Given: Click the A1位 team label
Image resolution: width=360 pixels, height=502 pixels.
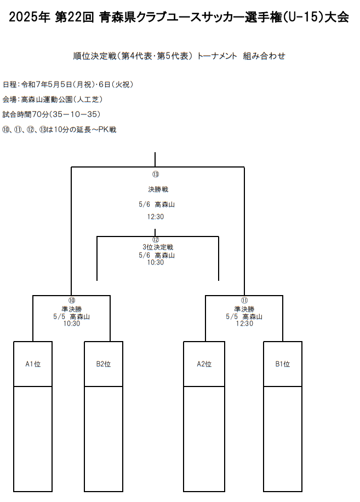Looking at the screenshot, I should coord(33,364).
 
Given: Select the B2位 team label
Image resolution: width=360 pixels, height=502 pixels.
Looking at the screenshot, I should coord(103,364).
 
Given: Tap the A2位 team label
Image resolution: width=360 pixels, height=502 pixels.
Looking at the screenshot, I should coord(204,364).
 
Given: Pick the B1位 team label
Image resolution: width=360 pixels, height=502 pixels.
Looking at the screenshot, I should coord(283,364).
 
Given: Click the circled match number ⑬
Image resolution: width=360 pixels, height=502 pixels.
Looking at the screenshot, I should coord(156,174).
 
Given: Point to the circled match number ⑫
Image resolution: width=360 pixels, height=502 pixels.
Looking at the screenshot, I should coord(156,240).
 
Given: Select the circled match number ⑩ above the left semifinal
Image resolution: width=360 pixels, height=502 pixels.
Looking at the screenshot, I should coord(72,301).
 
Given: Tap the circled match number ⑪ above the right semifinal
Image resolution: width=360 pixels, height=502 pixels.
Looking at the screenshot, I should coord(244,301).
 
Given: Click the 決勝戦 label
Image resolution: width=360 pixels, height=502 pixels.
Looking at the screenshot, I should coord(158,189).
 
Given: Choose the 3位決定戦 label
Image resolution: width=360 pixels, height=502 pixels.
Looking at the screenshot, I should coord(158,247).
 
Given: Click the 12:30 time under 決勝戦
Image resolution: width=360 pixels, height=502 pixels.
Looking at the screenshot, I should coord(156,217).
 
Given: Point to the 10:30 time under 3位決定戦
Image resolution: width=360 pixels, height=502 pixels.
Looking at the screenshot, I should coord(156,262).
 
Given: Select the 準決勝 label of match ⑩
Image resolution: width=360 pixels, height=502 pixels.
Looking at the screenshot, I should coord(72,309).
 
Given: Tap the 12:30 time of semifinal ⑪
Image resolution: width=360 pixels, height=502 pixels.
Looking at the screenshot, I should coord(244,324).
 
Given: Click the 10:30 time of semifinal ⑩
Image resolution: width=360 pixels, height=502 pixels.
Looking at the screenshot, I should coord(72,324).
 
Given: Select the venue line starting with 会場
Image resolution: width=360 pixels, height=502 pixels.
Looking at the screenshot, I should coord(53,100).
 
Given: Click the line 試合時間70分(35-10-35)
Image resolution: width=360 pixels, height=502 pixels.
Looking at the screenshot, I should coord(52,114).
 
